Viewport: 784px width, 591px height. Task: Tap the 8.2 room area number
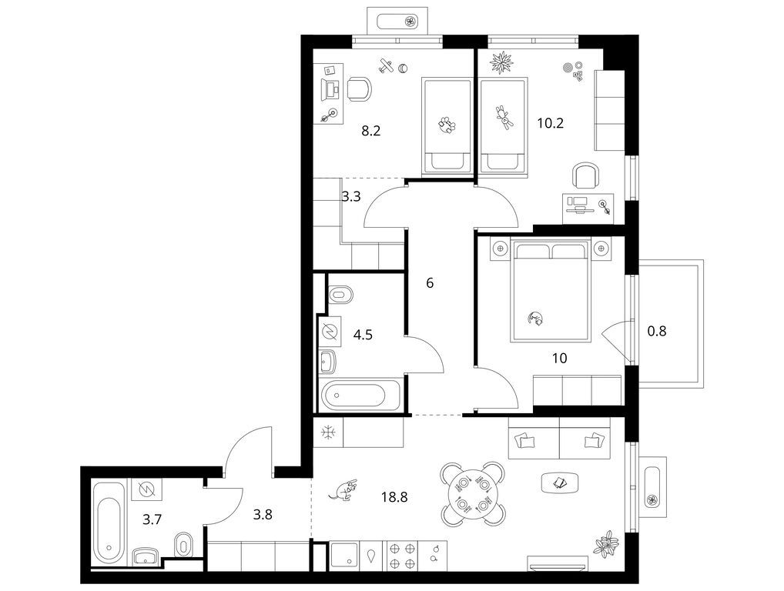[x=371, y=131]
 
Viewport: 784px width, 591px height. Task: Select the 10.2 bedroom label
[x=551, y=122]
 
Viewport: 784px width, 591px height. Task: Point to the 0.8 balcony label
[x=657, y=331]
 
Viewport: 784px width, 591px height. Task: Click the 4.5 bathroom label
[x=363, y=334]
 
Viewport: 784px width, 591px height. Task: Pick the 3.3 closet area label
[x=351, y=196]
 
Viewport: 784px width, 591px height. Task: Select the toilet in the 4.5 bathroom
[x=340, y=294]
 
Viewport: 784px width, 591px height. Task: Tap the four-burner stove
[x=402, y=556]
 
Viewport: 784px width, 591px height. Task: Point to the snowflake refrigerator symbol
[x=328, y=432]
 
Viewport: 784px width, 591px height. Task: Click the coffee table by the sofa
[x=560, y=482]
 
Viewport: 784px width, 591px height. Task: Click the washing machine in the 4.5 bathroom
[x=330, y=331]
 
